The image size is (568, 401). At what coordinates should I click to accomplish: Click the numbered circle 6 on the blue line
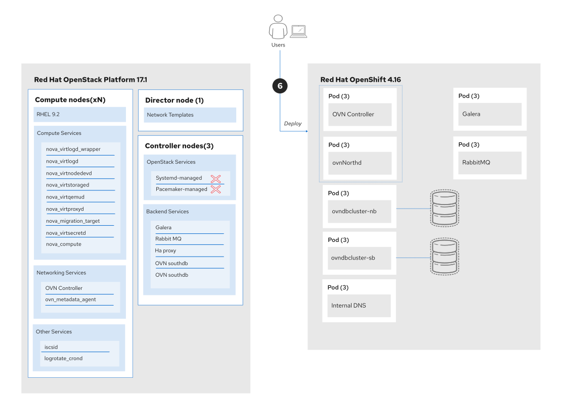coord(280,85)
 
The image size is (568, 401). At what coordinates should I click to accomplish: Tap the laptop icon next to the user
coord(299,32)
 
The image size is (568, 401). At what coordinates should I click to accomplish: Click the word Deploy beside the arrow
coord(293,124)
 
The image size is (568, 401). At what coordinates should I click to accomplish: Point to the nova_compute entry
coord(64,244)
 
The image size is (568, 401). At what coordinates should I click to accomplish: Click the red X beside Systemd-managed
coord(216,178)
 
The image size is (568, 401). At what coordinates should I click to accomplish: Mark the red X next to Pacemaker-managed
coord(216,189)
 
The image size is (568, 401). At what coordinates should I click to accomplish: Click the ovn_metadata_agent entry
coord(71,299)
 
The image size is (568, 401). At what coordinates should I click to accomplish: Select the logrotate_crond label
coord(63,359)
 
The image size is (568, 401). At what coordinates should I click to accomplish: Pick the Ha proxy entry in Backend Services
coord(165,250)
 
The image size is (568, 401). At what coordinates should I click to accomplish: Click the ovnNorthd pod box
coord(360,163)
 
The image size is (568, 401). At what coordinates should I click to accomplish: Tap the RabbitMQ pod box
coord(490,162)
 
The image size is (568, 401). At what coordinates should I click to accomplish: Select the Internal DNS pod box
coord(359,306)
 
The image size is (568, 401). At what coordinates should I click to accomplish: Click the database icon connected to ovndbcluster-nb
coord(445,208)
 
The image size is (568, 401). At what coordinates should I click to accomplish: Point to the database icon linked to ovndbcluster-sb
coord(445,257)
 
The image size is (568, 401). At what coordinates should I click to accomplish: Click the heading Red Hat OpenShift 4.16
coord(361,80)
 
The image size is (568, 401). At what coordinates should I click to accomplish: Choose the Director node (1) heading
coord(174,100)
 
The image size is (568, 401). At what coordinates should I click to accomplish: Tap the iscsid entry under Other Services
coord(52,347)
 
